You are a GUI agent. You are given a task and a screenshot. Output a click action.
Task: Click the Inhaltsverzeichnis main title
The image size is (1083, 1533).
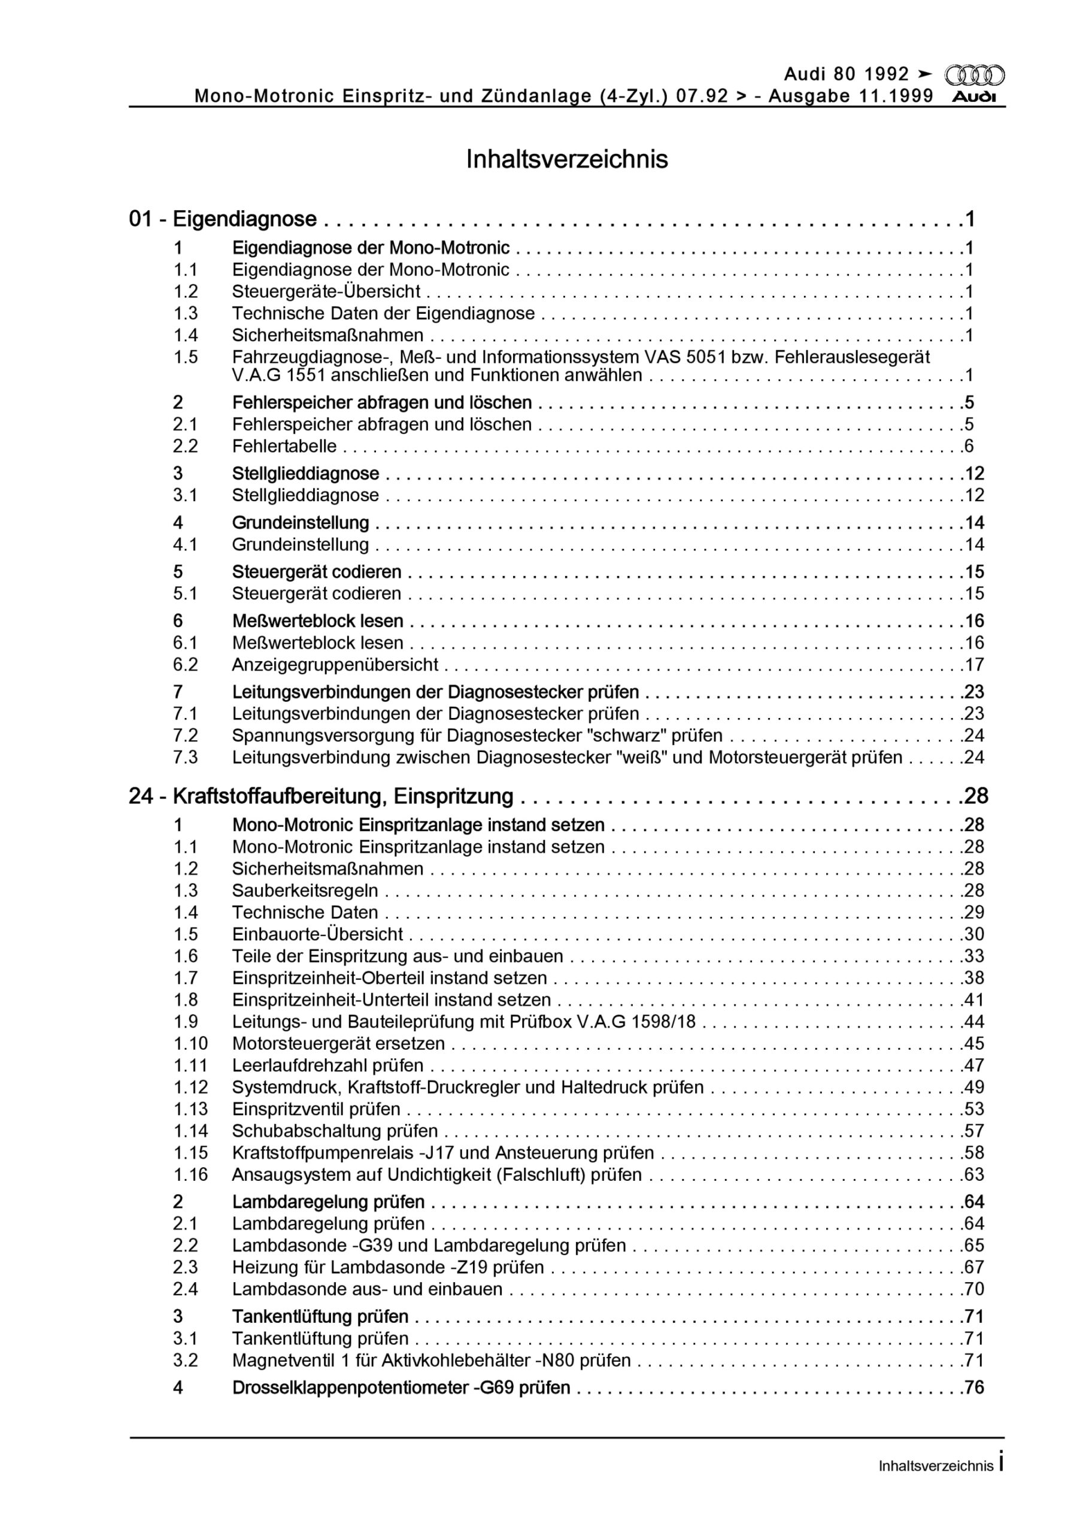pyautogui.click(x=567, y=159)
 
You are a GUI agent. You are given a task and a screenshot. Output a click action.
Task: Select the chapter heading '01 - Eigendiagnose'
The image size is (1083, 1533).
pyautogui.click(x=223, y=219)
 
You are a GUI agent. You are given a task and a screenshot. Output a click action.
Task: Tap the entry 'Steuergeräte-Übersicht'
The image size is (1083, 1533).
pyautogui.click(x=326, y=292)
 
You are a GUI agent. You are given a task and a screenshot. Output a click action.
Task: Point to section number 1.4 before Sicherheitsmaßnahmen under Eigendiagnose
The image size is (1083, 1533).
pyautogui.click(x=186, y=335)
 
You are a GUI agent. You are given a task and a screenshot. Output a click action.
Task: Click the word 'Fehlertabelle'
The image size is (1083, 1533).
pyautogui.click(x=284, y=446)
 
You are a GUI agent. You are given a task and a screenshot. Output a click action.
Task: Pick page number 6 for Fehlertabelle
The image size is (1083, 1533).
pyautogui.click(x=969, y=446)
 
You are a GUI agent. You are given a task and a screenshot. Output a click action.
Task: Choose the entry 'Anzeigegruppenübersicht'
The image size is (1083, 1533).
pyautogui.click(x=335, y=665)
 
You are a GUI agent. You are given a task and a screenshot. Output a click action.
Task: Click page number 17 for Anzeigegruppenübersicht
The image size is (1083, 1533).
pyautogui.click(x=974, y=665)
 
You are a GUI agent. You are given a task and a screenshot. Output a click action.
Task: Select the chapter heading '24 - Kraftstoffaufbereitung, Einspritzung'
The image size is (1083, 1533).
pyautogui.click(x=321, y=796)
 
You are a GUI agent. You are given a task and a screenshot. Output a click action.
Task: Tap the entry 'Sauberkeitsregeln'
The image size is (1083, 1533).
pyautogui.click(x=305, y=890)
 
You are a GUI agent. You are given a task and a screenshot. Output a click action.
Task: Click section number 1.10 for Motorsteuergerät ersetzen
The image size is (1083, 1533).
pyautogui.click(x=191, y=1044)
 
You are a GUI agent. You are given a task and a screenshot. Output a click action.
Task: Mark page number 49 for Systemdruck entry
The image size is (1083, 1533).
pyautogui.click(x=974, y=1087)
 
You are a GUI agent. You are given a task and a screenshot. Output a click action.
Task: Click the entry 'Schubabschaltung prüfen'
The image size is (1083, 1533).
pyautogui.click(x=335, y=1131)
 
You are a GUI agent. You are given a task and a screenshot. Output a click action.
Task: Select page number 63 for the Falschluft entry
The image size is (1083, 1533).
pyautogui.click(x=974, y=1174)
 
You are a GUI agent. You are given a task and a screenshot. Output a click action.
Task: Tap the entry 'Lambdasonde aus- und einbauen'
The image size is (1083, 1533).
pyautogui.click(x=367, y=1289)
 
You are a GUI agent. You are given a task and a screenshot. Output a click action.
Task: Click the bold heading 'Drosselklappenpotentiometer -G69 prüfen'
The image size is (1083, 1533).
pyautogui.click(x=401, y=1388)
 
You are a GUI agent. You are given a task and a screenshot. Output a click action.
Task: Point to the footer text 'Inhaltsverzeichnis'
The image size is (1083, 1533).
pyautogui.click(x=936, y=1467)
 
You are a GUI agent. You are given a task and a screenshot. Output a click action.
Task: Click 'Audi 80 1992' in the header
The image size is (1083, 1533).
pyautogui.click(x=846, y=74)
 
